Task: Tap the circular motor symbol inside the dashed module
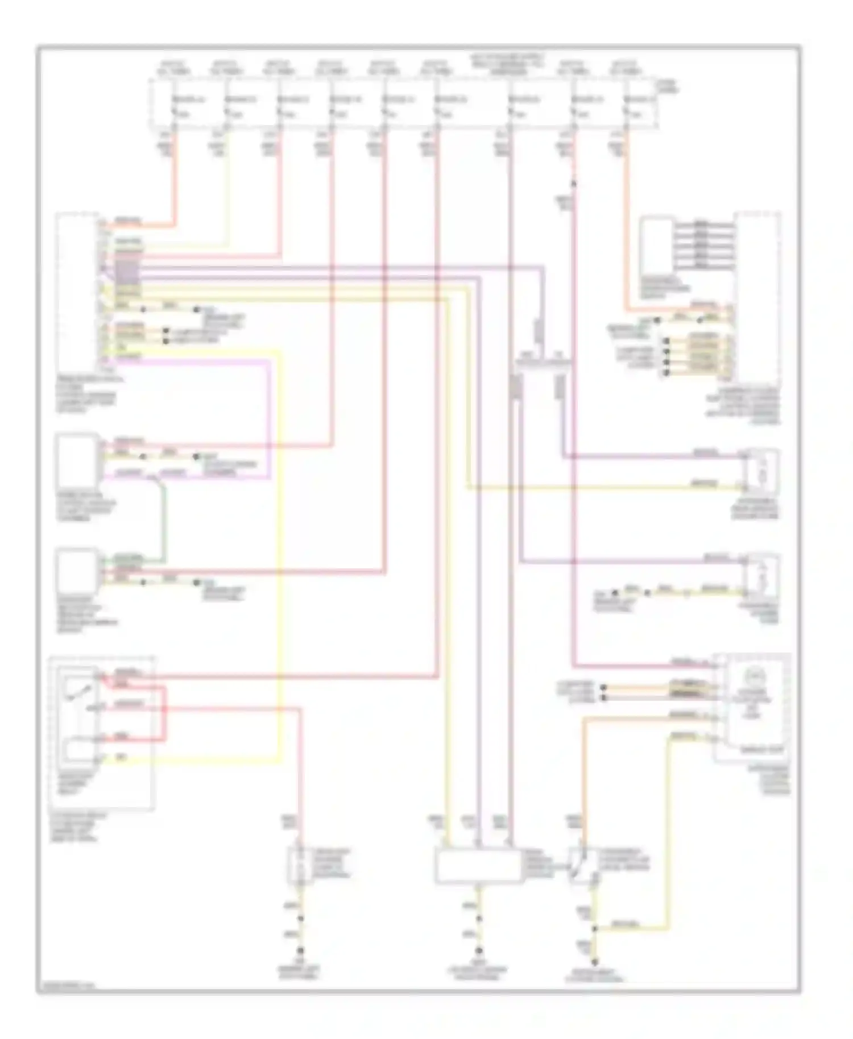(x=753, y=676)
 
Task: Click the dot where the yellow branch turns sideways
(x=595, y=930)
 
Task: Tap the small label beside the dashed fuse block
(x=666, y=86)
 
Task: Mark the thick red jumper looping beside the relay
(x=165, y=713)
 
